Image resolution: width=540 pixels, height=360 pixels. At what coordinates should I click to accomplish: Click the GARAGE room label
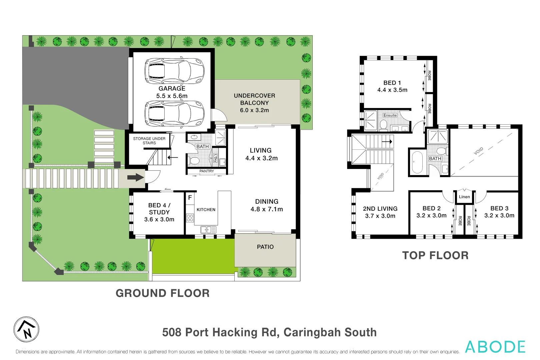tap(172, 89)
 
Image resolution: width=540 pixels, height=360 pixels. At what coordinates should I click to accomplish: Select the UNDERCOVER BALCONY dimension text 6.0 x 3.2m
tap(254, 110)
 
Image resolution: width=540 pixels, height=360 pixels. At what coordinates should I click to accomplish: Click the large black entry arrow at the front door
tap(135, 177)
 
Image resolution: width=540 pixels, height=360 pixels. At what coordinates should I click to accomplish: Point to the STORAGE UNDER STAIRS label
tap(149, 141)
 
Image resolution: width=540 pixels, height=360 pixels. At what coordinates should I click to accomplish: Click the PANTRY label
tap(207, 171)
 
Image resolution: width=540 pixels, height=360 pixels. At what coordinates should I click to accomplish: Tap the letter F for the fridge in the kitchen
tap(190, 197)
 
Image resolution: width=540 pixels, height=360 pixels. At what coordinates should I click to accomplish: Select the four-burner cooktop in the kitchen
tap(190, 218)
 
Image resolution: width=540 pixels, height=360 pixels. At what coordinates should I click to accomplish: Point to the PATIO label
tap(265, 247)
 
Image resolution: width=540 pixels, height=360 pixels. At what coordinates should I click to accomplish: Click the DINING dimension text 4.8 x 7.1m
tap(267, 209)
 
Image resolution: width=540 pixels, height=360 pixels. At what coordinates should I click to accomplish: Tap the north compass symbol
tap(26, 329)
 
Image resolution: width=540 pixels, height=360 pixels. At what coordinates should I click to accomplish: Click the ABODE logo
tap(495, 347)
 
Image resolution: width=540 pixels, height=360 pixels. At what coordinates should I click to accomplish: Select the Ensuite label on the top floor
tap(390, 115)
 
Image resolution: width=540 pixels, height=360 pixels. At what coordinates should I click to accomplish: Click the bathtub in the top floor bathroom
tap(417, 162)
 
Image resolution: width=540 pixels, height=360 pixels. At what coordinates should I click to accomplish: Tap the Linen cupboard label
tap(464, 197)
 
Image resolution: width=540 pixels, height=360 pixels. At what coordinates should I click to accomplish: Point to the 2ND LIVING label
tap(380, 209)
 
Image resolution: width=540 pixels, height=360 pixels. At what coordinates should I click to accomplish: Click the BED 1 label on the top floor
tap(392, 83)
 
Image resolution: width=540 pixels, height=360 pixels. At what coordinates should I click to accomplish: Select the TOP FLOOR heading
tap(435, 255)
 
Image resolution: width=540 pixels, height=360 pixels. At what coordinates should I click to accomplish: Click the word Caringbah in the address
tap(312, 332)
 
